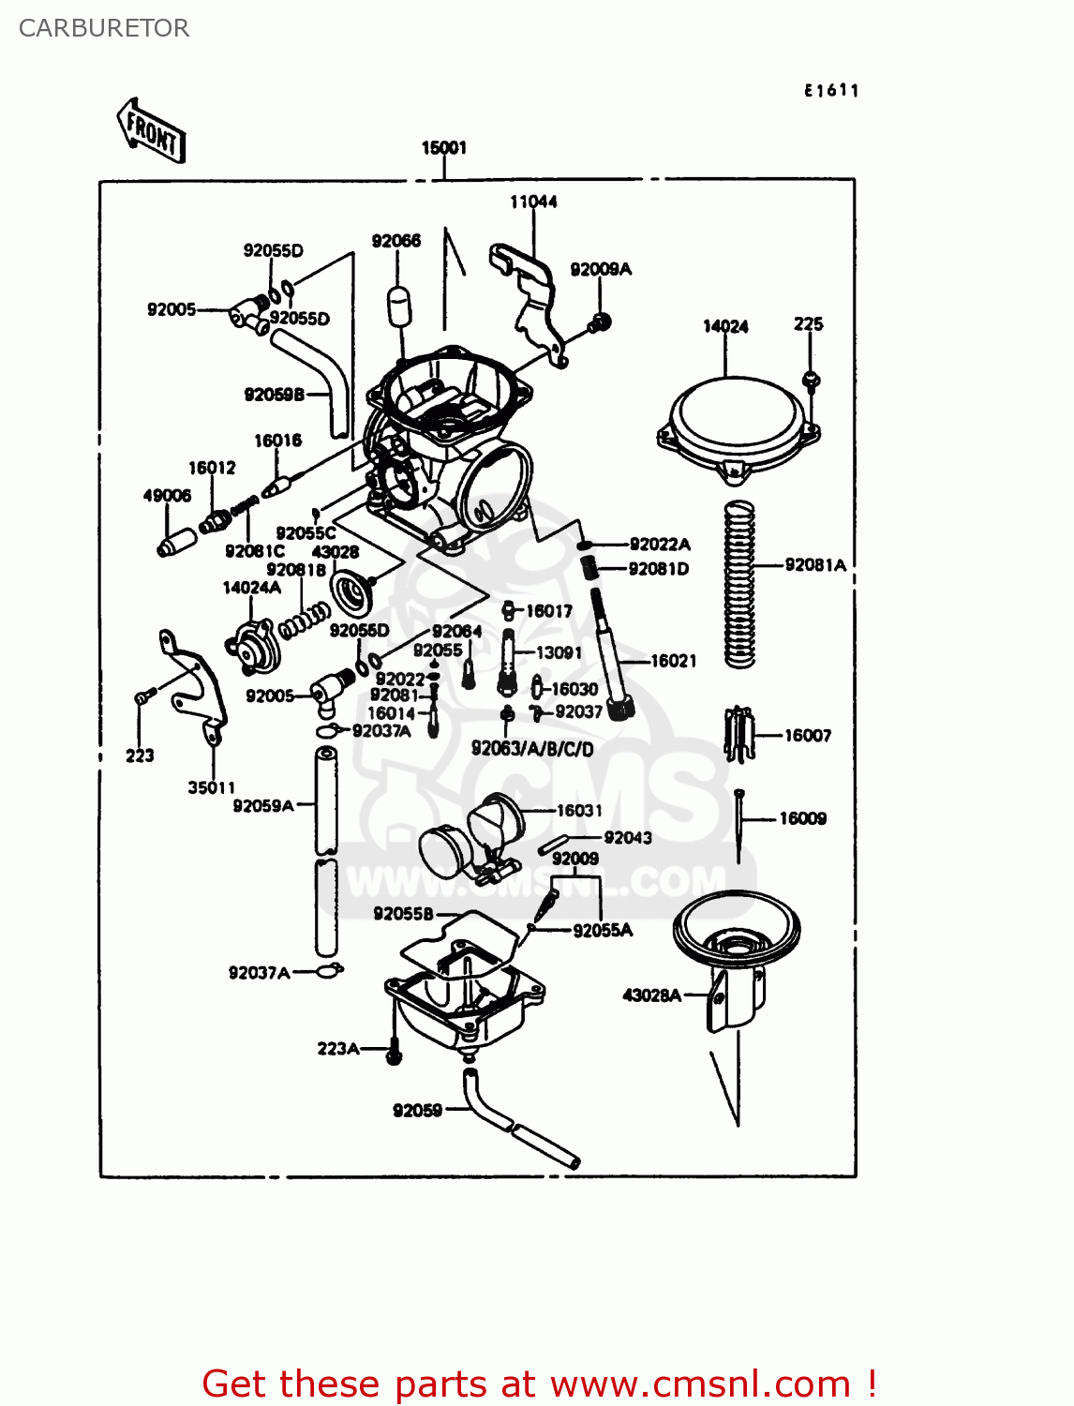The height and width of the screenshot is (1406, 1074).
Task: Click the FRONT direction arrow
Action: point(151,131)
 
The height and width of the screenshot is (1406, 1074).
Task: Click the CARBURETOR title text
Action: point(104,28)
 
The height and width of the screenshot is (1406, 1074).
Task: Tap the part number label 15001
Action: point(443,147)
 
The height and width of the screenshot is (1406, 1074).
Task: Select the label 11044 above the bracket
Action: point(533,202)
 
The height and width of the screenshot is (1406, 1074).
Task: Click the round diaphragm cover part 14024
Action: point(737,422)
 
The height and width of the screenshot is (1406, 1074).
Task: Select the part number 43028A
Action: point(651,995)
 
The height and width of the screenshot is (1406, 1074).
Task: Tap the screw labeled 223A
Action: point(394,1052)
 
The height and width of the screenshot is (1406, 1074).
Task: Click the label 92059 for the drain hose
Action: point(417,1111)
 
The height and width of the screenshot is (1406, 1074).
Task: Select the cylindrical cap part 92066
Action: point(400,306)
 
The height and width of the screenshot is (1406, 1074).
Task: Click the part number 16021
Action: point(674,661)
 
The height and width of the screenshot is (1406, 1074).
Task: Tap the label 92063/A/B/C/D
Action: point(531,748)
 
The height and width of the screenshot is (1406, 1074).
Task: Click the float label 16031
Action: point(579,810)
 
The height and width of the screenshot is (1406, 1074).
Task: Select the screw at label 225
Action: point(812,381)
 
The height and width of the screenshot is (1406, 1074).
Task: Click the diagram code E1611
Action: point(831,90)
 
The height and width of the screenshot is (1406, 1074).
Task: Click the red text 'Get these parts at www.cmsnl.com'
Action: point(539,1384)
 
